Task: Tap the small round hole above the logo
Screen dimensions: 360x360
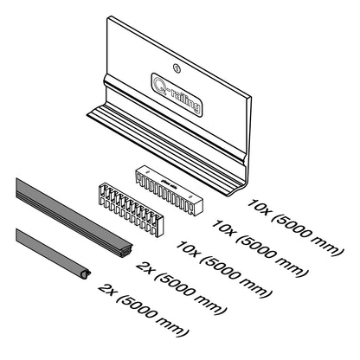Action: (177, 68)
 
